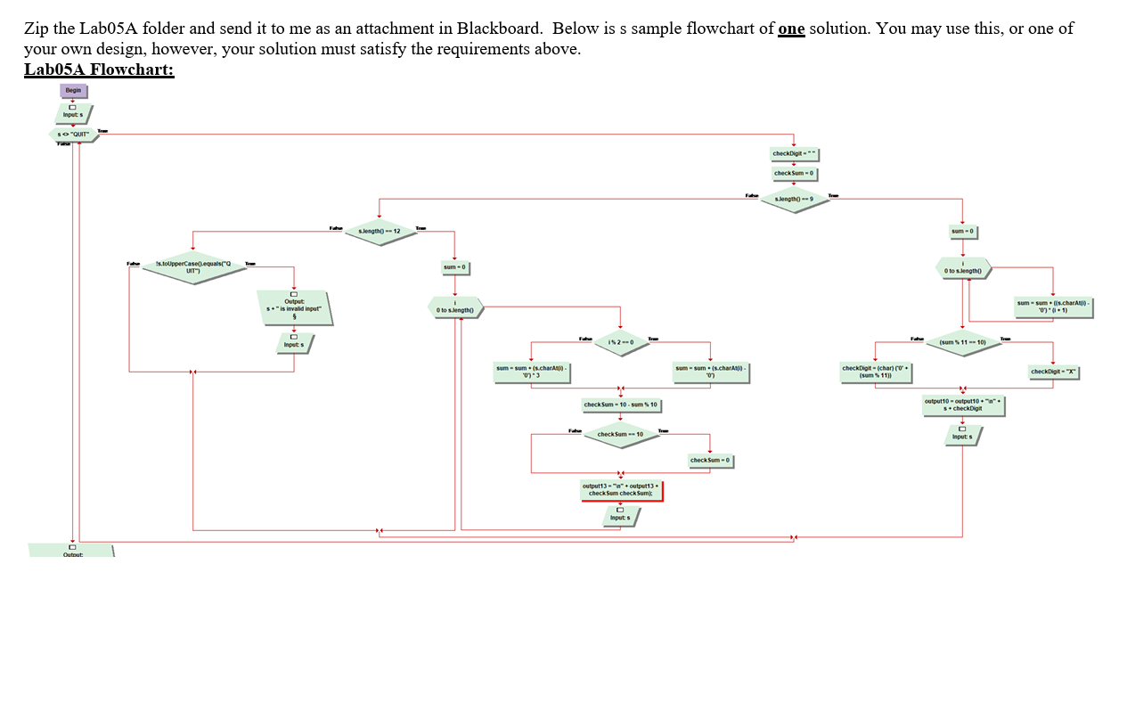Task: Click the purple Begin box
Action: tap(73, 90)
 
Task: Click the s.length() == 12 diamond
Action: tap(380, 232)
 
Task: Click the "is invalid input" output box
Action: tap(294, 307)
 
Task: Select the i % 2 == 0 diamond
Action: tap(620, 342)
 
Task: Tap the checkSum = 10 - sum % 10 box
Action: tap(620, 405)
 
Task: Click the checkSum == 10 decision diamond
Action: tap(620, 435)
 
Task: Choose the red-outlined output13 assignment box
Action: tap(620, 490)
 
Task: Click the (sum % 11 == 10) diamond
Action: tap(962, 342)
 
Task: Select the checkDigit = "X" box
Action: tap(1054, 372)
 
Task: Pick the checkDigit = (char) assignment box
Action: tap(875, 372)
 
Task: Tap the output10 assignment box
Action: tap(962, 405)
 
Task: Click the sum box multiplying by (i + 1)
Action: tap(1054, 307)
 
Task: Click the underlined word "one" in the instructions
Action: tap(791, 29)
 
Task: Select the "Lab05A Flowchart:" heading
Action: tap(99, 70)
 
